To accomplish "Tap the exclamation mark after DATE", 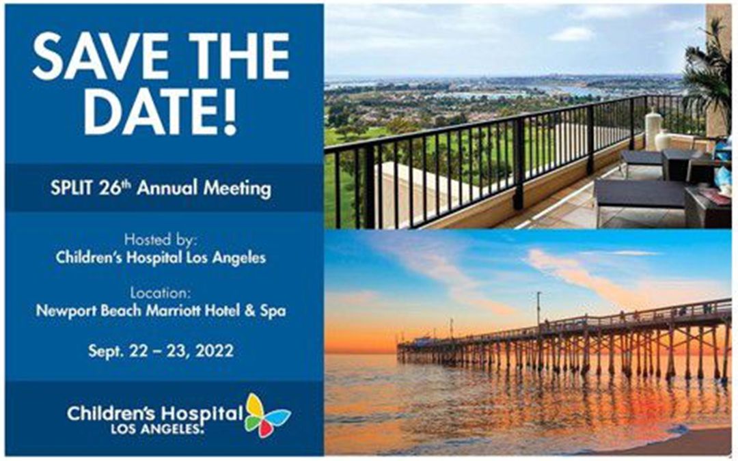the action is [x=230, y=111].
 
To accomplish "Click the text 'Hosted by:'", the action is [x=159, y=240].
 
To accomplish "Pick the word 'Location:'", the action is [x=161, y=292].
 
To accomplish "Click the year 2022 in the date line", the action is [x=214, y=351].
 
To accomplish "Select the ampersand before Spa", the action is [x=250, y=311].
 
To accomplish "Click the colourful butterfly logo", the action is [x=267, y=415].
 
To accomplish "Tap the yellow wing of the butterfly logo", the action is [x=255, y=405].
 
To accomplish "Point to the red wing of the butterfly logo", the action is [x=265, y=428].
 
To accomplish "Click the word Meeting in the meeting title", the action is [x=237, y=188].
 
